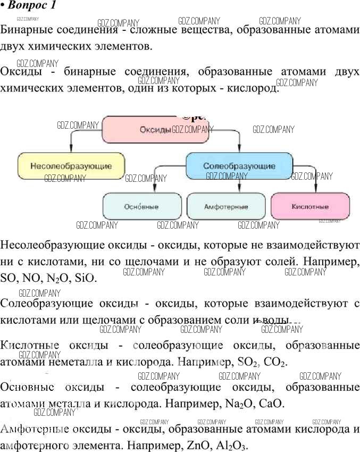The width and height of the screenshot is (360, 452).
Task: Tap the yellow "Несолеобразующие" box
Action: [71, 166]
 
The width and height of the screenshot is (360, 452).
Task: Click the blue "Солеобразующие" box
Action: [239, 166]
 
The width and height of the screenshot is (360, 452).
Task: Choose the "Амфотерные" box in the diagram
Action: [226, 206]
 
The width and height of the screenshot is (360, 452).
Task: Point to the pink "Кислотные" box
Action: [310, 206]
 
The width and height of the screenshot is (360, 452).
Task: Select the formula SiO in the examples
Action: [86, 278]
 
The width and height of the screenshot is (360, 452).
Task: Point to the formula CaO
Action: [271, 404]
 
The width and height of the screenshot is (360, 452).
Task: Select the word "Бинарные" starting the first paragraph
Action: [26, 30]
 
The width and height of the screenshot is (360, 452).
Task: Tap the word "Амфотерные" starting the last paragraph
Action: [32, 429]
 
